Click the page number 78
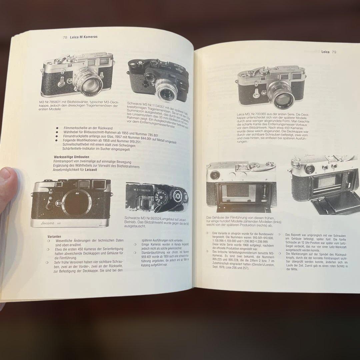pyautogui.click(x=65, y=37)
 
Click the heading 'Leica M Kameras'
pyautogui.click(x=84, y=37)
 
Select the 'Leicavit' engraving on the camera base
pyautogui.click(x=48, y=224)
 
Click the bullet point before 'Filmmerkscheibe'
pyautogui.click(x=57, y=128)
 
